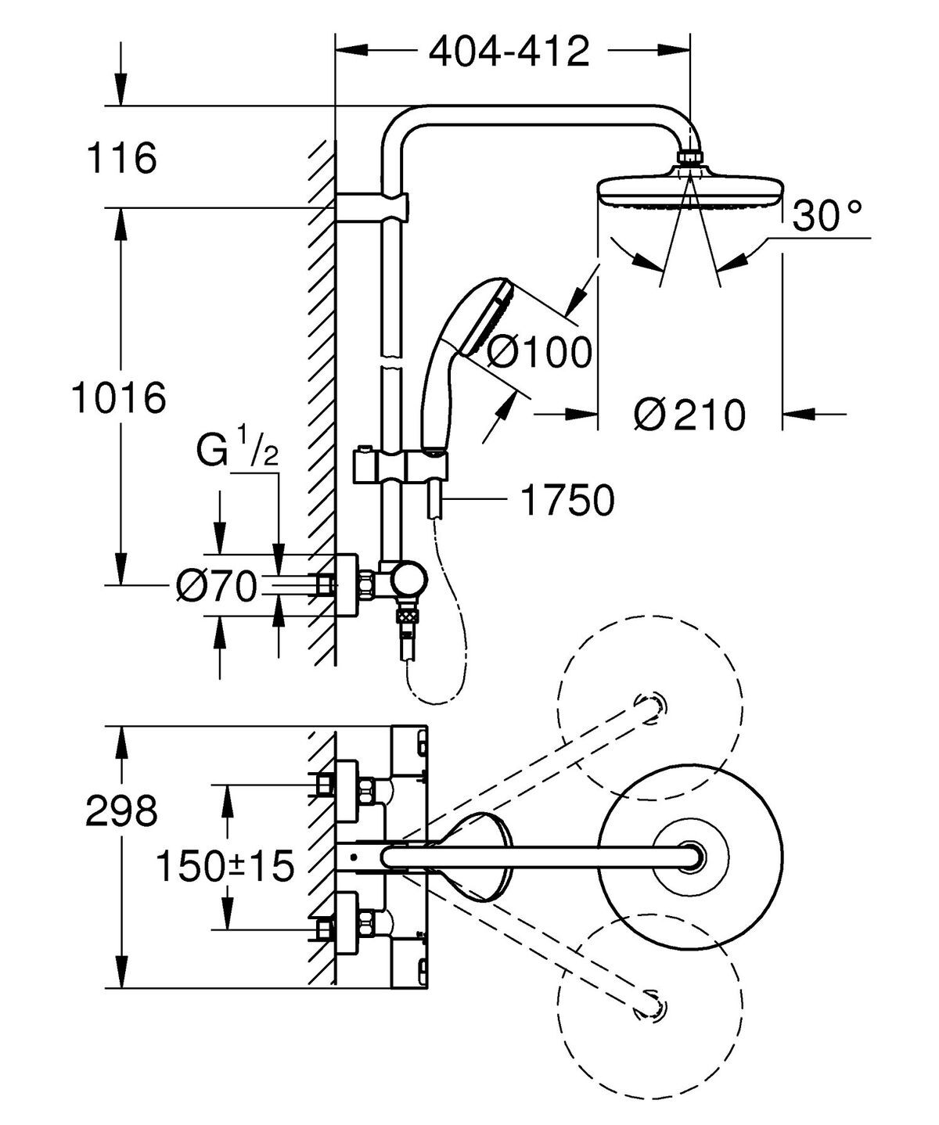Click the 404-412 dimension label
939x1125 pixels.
tap(509, 52)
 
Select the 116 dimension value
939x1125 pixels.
tap(121, 159)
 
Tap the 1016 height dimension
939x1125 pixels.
tap(119, 398)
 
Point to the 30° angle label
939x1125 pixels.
tap(827, 217)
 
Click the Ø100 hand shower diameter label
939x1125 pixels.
tap(539, 353)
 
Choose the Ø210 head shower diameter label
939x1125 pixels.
tap(689, 415)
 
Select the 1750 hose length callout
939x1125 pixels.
tap(567, 500)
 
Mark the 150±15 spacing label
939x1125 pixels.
tap(225, 865)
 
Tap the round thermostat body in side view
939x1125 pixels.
tap(409, 583)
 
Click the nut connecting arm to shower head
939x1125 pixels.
tap(689, 157)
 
